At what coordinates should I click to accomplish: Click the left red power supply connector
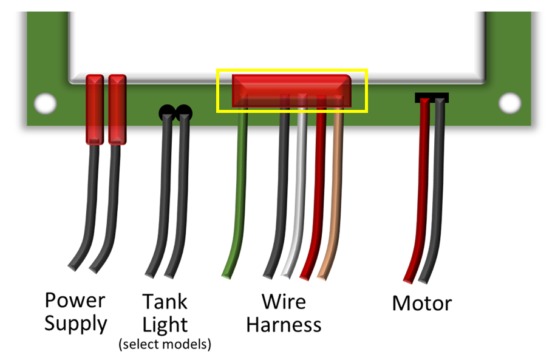[94, 109]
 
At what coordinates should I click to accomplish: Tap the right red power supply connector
[117, 109]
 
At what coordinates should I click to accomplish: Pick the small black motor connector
[431, 97]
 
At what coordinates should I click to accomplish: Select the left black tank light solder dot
[167, 113]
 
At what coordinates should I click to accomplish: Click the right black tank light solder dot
[184, 113]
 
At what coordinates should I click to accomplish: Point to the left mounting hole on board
[45, 103]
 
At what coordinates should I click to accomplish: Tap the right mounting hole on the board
[509, 103]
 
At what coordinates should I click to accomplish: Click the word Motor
[422, 302]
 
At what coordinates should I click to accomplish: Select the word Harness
[284, 325]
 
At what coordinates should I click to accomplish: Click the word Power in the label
[75, 301]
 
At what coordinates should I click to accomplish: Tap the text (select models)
[165, 345]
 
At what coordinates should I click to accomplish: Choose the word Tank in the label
[165, 302]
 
